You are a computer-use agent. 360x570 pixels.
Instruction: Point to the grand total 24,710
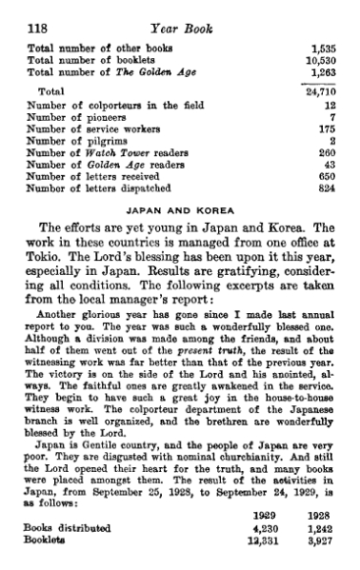click(x=324, y=91)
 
